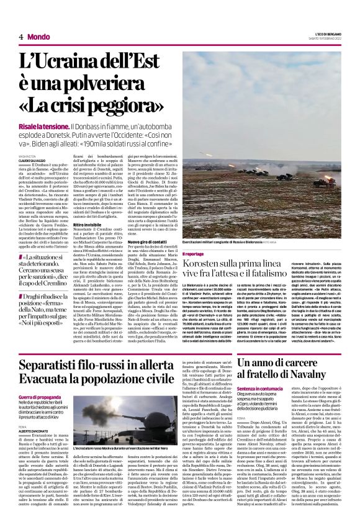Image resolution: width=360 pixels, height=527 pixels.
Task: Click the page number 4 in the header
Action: (x=21, y=37)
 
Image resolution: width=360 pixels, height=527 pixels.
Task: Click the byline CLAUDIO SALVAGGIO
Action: (x=32, y=160)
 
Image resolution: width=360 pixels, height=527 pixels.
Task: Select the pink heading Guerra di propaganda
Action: (x=40, y=396)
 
